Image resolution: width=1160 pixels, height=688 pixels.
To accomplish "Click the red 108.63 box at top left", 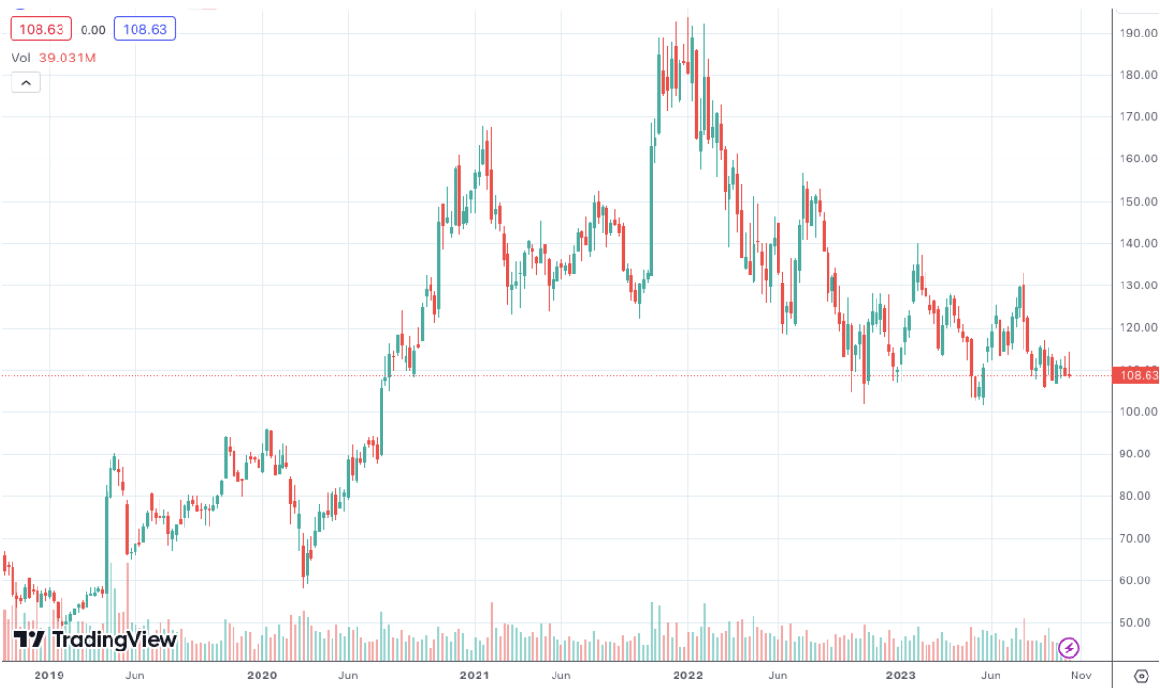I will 40,29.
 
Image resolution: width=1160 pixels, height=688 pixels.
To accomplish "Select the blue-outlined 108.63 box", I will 144,29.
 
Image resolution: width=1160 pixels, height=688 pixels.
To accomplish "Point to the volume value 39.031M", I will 67,58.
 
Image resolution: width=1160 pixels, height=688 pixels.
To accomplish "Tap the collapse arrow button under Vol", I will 26,83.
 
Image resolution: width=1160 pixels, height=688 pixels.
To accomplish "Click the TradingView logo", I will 95,640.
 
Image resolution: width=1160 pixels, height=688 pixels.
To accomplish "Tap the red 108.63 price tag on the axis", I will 1134,375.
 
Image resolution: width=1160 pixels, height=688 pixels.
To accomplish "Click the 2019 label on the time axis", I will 49,676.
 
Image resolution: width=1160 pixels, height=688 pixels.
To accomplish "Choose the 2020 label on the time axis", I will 261,676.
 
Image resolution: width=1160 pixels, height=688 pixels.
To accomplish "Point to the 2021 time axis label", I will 475,676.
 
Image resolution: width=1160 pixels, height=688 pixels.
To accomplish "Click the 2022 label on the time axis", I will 688,676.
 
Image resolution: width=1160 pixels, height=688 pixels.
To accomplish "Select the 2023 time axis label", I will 901,676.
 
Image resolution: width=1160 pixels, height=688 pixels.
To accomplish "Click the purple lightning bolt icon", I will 1068,649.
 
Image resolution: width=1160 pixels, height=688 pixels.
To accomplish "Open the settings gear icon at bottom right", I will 1142,675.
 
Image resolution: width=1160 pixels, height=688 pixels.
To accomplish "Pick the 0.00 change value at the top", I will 93,29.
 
